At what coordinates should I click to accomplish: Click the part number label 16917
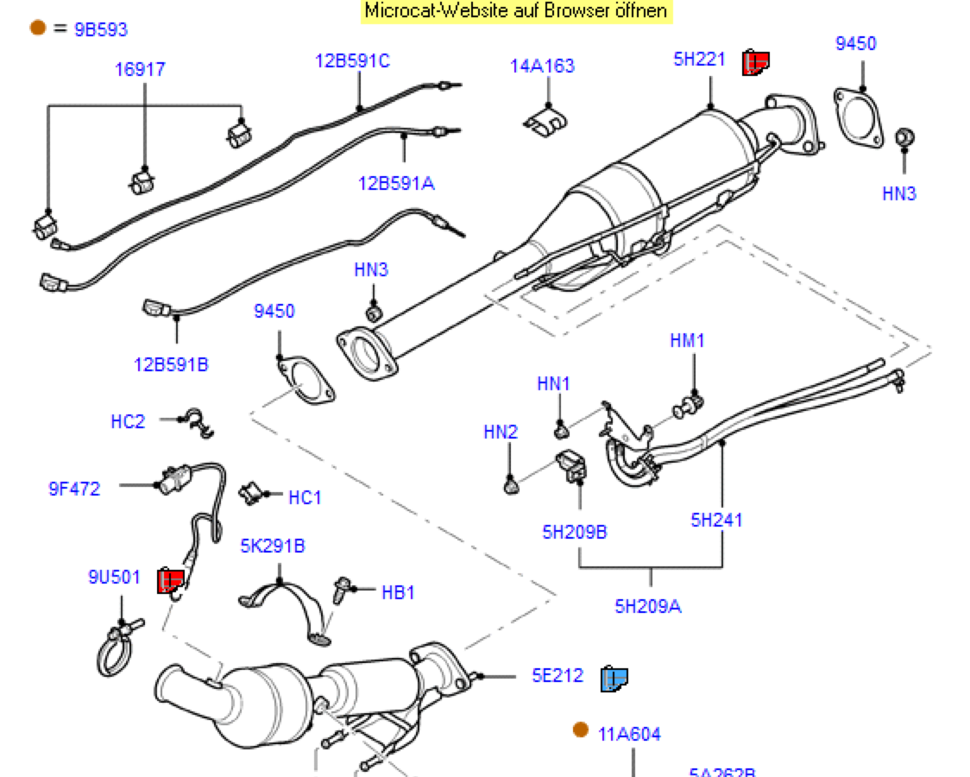click(140, 69)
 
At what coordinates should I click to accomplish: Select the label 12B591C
click(351, 60)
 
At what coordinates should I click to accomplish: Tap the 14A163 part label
click(542, 66)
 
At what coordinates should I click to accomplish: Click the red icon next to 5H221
click(756, 62)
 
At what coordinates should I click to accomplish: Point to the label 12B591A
click(397, 183)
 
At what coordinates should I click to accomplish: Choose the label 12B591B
click(171, 364)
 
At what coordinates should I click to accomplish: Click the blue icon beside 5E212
click(614, 679)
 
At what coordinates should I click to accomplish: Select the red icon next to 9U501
click(171, 581)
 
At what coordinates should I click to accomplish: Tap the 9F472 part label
click(74, 489)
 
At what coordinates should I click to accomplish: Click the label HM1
click(687, 340)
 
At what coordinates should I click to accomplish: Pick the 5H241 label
click(716, 520)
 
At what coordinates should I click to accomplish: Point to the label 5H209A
click(648, 606)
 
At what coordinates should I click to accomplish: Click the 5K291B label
click(273, 546)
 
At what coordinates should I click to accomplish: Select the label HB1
click(399, 592)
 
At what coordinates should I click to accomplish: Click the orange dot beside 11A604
click(581, 730)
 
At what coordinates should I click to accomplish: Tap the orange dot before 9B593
click(37, 28)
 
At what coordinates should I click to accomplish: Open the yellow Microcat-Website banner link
click(516, 11)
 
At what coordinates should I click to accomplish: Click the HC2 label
click(128, 421)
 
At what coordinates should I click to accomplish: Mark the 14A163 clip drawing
click(545, 121)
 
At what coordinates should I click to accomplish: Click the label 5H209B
click(575, 532)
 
